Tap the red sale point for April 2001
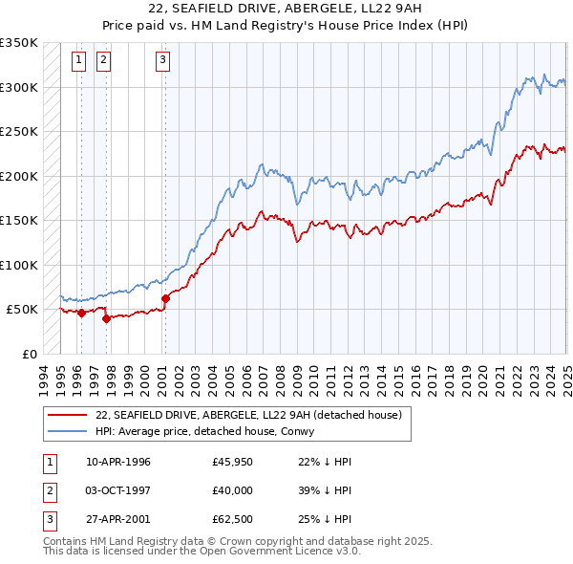tap(165, 298)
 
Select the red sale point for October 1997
tap(106, 319)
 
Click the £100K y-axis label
tap(20, 265)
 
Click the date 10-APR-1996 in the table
tap(118, 462)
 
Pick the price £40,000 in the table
tap(233, 490)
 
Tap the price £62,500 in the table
tap(233, 519)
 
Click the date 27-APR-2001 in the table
tap(118, 519)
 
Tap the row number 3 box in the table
tap(49, 519)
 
